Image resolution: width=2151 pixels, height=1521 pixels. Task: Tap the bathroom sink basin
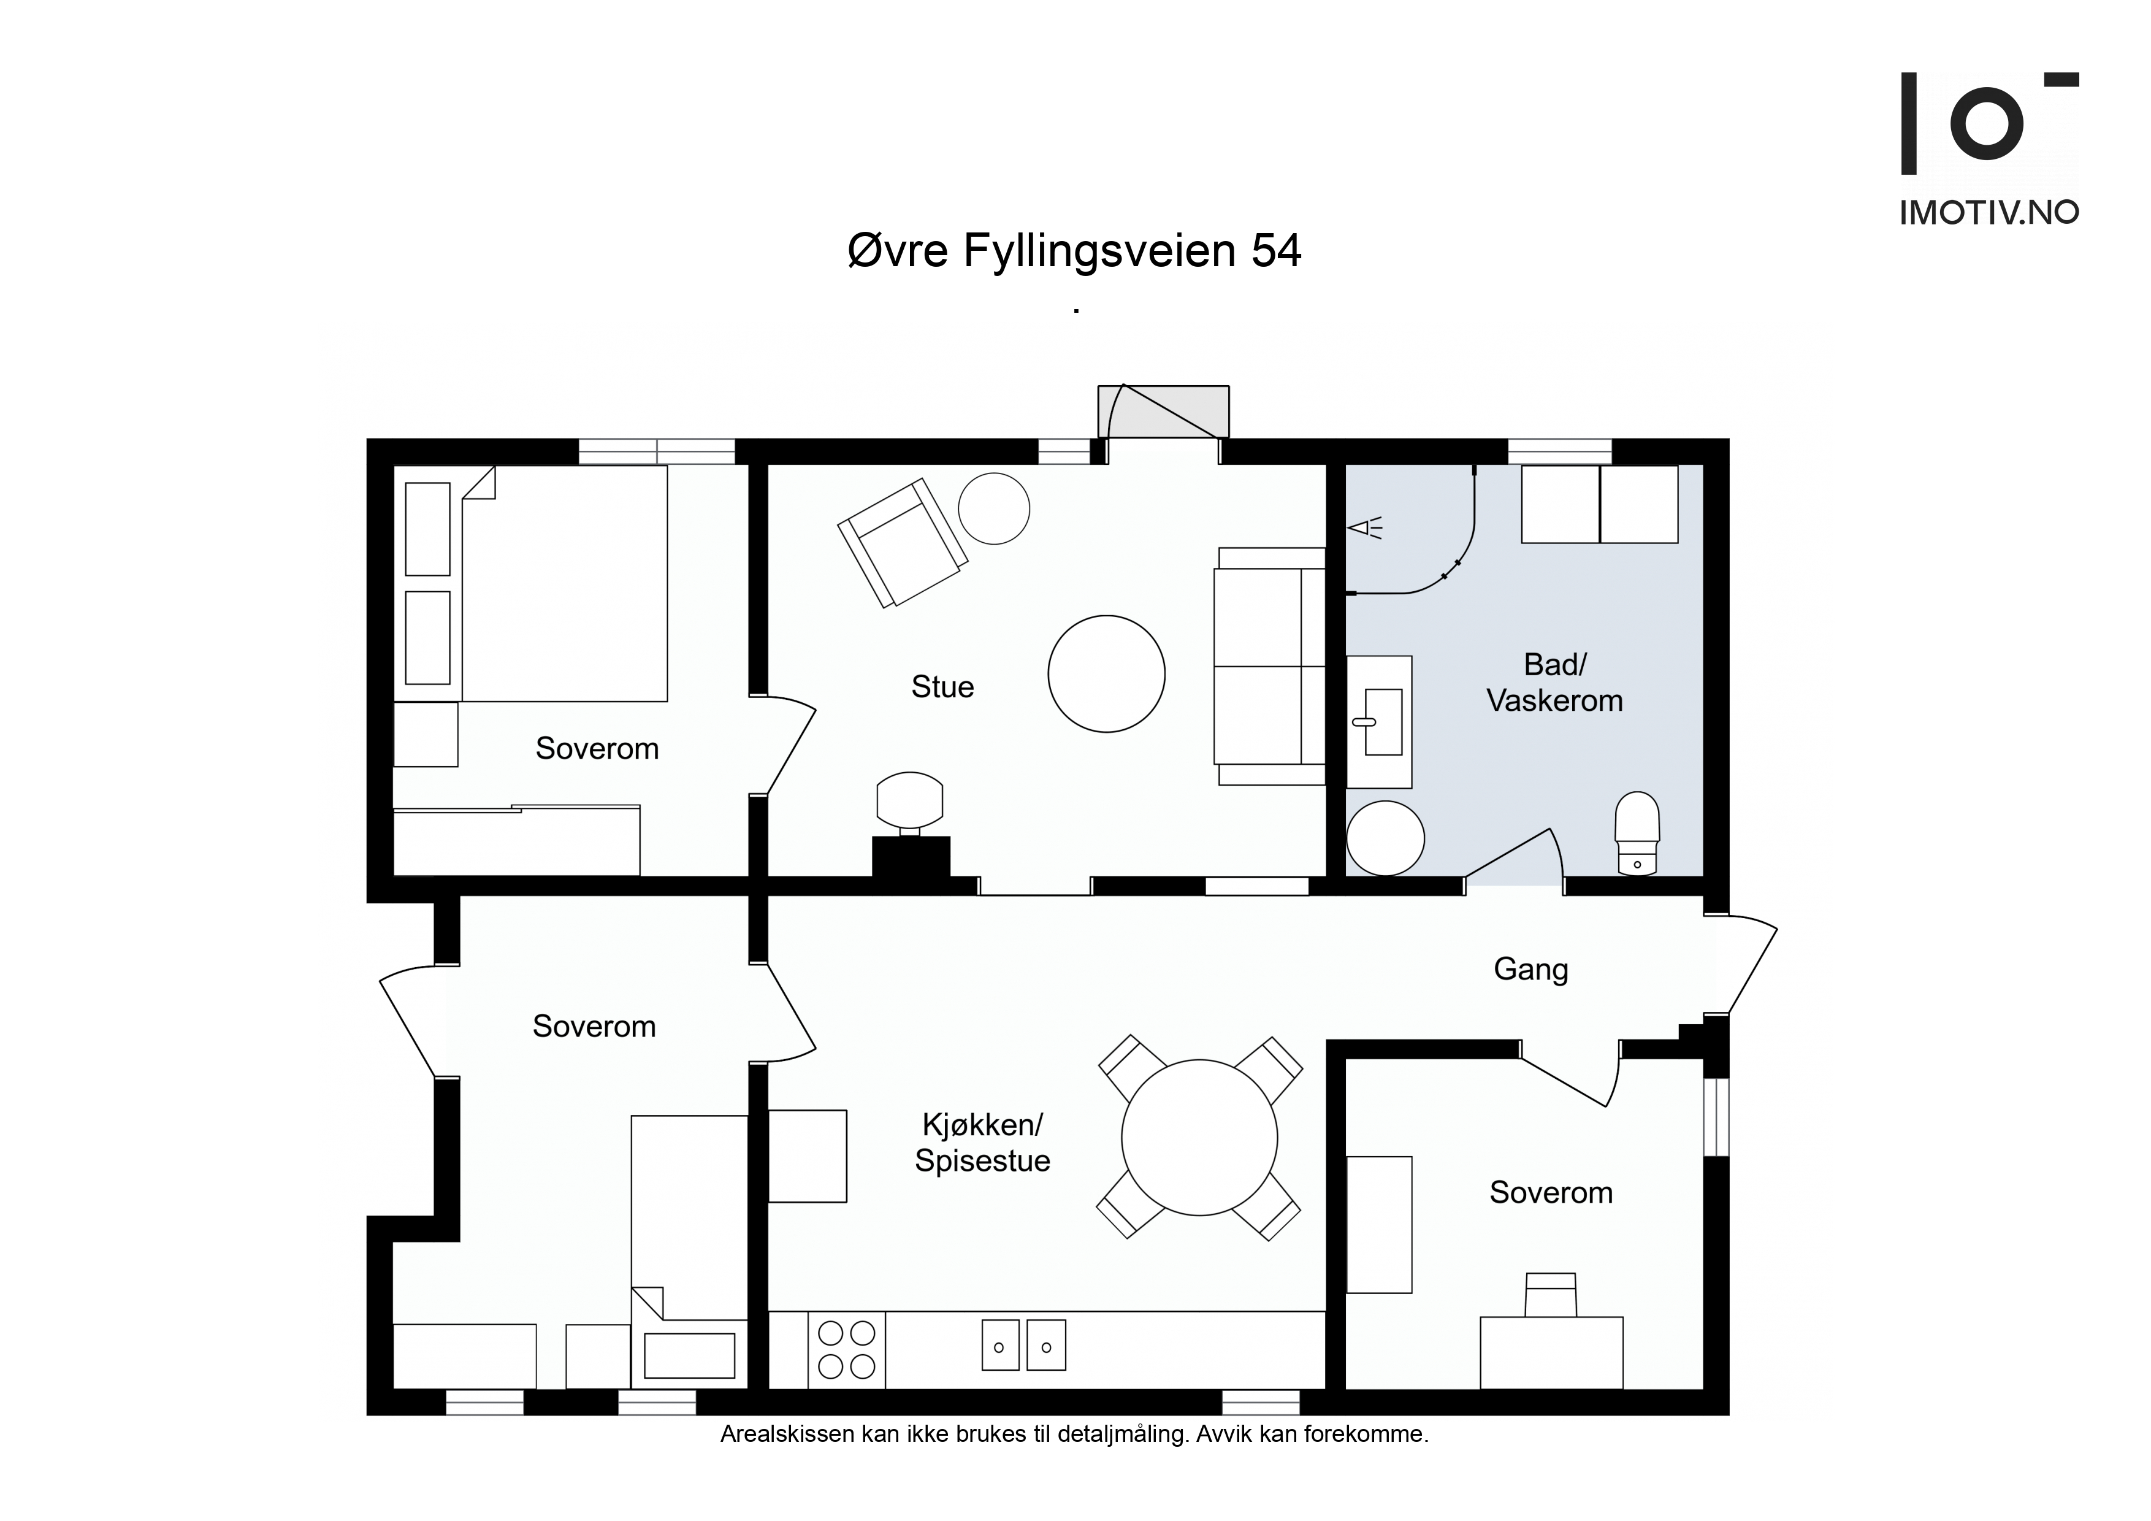pyautogui.click(x=1383, y=722)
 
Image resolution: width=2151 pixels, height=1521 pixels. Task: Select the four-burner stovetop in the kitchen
pyautogui.click(x=846, y=1349)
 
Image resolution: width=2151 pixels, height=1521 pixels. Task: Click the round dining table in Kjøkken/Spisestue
pyautogui.click(x=1199, y=1138)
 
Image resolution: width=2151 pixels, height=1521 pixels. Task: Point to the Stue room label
pyautogui.click(x=942, y=687)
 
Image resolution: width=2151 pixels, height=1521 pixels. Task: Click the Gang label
pyautogui.click(x=1531, y=969)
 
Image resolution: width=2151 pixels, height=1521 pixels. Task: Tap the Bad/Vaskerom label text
pyautogui.click(x=1555, y=682)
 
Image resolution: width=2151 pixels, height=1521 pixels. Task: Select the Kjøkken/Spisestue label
pyautogui.click(x=983, y=1143)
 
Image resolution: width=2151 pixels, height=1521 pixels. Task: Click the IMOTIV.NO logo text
pyautogui.click(x=1989, y=213)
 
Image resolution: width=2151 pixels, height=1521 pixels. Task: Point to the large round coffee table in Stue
pyautogui.click(x=1106, y=674)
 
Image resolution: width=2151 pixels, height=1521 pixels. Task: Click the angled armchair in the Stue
pyautogui.click(x=902, y=543)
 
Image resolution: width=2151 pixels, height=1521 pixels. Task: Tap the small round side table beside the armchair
pyautogui.click(x=994, y=508)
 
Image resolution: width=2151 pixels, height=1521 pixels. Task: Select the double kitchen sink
pyautogui.click(x=1023, y=1346)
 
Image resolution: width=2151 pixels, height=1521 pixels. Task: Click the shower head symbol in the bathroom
pyautogui.click(x=1365, y=529)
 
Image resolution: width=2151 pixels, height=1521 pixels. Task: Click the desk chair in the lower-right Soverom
pyautogui.click(x=1551, y=1295)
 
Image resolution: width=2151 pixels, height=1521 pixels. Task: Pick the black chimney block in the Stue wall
pyautogui.click(x=911, y=857)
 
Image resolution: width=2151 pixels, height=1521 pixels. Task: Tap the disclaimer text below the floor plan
pyautogui.click(x=1074, y=1435)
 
